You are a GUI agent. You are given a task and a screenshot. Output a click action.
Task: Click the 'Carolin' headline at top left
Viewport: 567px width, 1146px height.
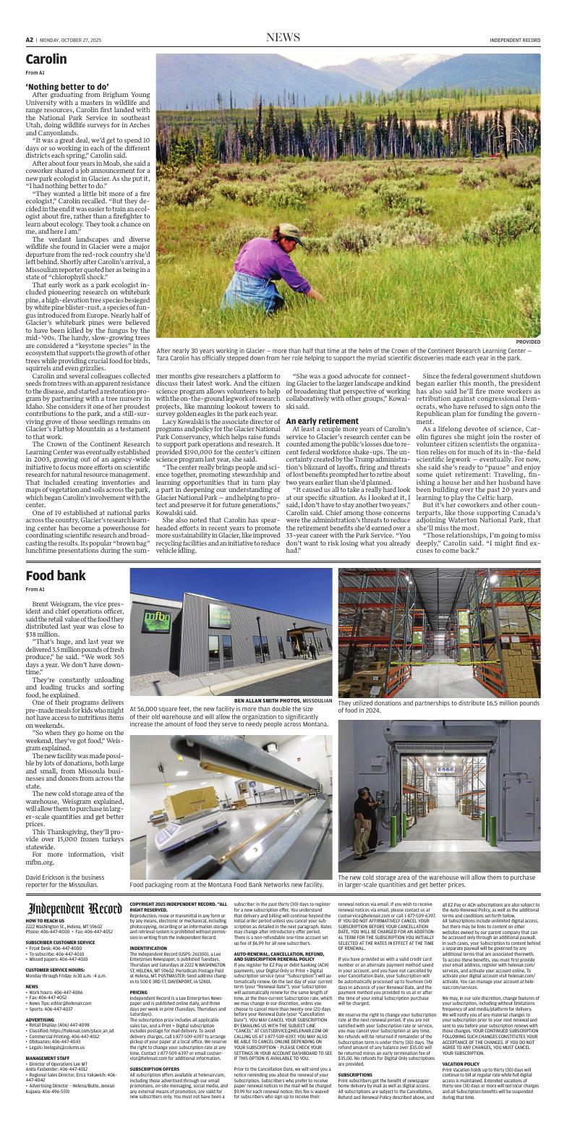click(x=46, y=59)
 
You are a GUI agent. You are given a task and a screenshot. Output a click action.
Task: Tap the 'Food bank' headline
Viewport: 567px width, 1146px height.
click(x=56, y=556)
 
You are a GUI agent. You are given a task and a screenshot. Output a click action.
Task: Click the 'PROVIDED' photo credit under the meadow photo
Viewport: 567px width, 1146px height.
click(x=528, y=341)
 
